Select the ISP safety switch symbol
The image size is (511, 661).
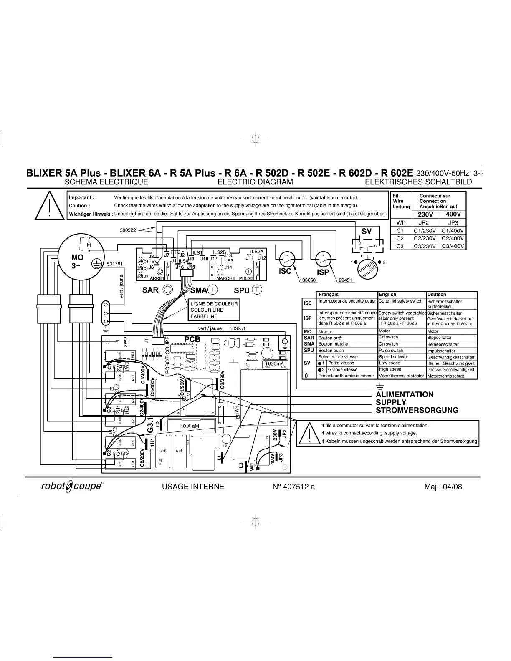pyautogui.click(x=323, y=260)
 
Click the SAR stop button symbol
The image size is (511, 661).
pyautogui.click(x=168, y=289)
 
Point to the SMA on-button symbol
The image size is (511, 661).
pyautogui.click(x=212, y=289)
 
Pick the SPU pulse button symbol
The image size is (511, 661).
pyautogui.click(x=256, y=289)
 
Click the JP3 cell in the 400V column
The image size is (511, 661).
pyautogui.click(x=453, y=223)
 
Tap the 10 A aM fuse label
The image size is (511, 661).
pyautogui.click(x=190, y=426)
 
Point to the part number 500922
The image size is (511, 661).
pyautogui.click(x=128, y=230)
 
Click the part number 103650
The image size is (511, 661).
pyautogui.click(x=308, y=280)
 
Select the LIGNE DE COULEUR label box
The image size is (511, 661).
pyautogui.click(x=214, y=310)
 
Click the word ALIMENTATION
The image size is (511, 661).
pyautogui.click(x=405, y=394)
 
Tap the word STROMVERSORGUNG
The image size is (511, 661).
pyautogui.click(x=417, y=410)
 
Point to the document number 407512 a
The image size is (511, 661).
pyautogui.click(x=293, y=487)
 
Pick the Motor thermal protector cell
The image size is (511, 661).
pyautogui.click(x=401, y=376)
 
